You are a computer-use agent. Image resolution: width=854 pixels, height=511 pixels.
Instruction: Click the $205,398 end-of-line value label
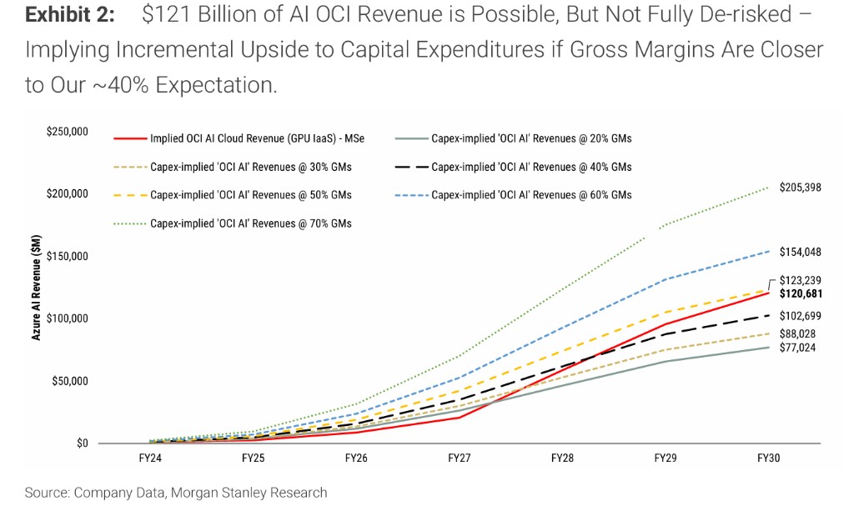800,188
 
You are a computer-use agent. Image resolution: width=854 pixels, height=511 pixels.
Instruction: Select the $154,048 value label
800,252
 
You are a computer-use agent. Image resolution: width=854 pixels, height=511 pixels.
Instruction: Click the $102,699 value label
800,316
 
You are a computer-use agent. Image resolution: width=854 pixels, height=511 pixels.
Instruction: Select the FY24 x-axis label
151,458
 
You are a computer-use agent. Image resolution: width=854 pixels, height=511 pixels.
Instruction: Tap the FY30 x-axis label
767,458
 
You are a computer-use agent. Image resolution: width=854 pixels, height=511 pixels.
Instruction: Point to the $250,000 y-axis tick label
68,132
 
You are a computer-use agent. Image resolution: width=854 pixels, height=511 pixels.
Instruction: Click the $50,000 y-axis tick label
71,381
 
